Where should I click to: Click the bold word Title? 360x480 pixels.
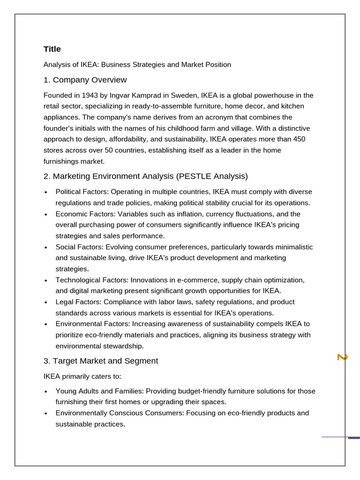52,49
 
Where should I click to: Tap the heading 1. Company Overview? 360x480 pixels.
85,80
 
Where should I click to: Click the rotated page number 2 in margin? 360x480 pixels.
342,357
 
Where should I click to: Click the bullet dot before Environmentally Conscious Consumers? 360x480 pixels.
45,413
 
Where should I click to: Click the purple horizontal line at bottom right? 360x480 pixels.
340,437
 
